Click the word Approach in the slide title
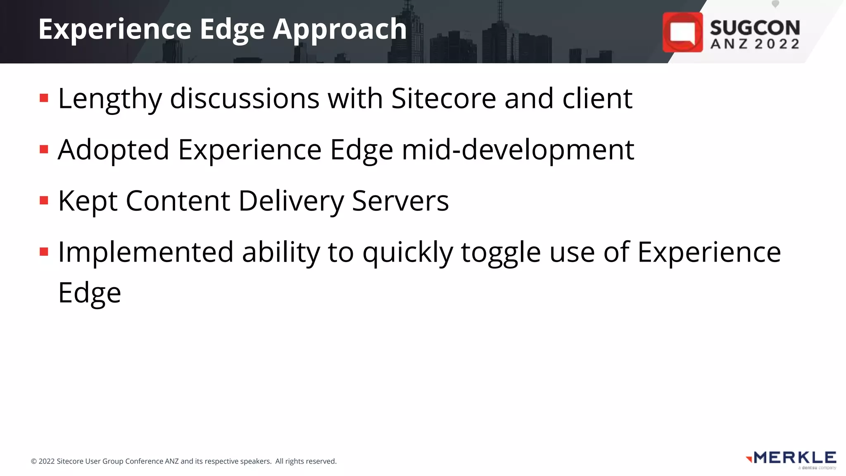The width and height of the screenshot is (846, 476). (x=340, y=30)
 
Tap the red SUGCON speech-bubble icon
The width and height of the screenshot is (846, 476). (x=682, y=32)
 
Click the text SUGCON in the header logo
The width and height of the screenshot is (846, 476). (x=755, y=28)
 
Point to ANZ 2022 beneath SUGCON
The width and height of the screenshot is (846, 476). (x=755, y=44)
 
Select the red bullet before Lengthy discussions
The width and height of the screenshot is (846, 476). (x=44, y=98)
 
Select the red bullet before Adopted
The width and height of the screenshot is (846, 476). (x=44, y=149)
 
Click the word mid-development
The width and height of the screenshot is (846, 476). (x=518, y=150)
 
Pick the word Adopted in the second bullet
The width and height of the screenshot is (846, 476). (x=114, y=150)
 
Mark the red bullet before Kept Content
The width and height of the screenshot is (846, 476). (x=44, y=201)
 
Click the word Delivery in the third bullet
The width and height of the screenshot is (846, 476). (x=291, y=201)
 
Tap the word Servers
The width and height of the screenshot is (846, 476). (x=400, y=201)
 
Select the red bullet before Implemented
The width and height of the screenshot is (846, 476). (x=44, y=252)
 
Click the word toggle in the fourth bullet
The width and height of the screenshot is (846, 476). (x=501, y=253)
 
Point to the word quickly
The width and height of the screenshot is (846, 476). (x=408, y=253)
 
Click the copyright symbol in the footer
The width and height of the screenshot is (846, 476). (x=34, y=462)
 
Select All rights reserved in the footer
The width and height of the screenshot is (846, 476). (x=306, y=462)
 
